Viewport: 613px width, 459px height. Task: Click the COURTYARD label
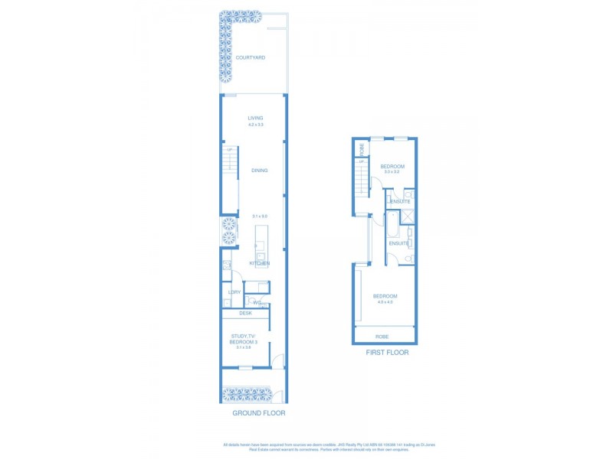(x=251, y=57)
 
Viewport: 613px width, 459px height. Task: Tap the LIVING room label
(x=255, y=118)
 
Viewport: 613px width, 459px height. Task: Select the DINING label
(x=259, y=171)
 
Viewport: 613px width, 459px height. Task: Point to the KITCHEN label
(x=260, y=264)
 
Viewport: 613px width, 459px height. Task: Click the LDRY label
(x=234, y=292)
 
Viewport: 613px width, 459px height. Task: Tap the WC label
(x=257, y=304)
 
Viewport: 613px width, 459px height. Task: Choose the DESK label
(x=246, y=313)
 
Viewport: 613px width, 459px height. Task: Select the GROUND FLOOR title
(x=259, y=413)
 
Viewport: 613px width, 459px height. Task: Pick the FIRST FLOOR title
(x=386, y=353)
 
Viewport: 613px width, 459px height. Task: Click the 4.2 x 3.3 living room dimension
(x=255, y=125)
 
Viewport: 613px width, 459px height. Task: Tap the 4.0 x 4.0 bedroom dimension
(x=385, y=302)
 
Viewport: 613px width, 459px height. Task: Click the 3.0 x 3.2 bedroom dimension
(x=392, y=172)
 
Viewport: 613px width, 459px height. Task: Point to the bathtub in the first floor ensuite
(x=392, y=226)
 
